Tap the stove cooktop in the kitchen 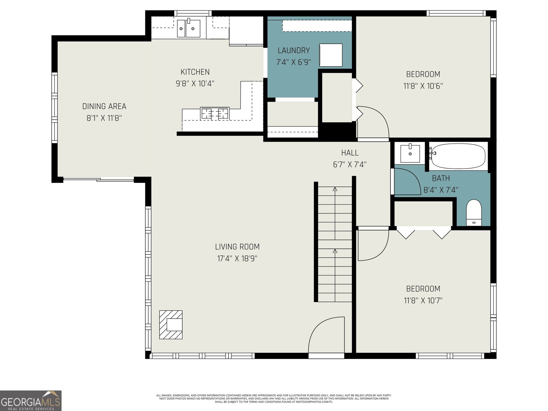point(215,113)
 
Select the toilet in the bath point(474,212)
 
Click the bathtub point(458,157)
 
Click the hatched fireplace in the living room point(171,325)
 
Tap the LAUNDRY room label point(294,50)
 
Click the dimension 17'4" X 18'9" point(237,258)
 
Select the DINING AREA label point(104,106)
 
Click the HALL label point(350,153)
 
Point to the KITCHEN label point(195,72)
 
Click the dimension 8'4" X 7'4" point(441,190)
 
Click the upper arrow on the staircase point(335,189)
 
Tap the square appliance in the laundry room point(331,55)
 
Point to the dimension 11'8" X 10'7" point(423,300)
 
